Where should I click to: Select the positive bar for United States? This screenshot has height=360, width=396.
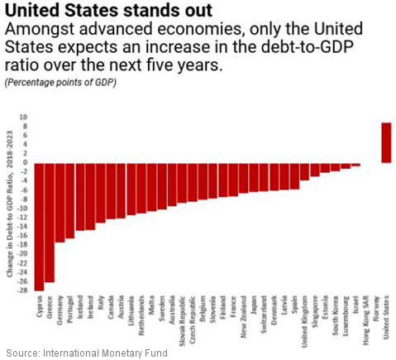point(386,142)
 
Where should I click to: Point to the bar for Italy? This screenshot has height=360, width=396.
point(101,192)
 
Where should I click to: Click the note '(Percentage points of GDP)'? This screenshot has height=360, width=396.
point(61,84)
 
